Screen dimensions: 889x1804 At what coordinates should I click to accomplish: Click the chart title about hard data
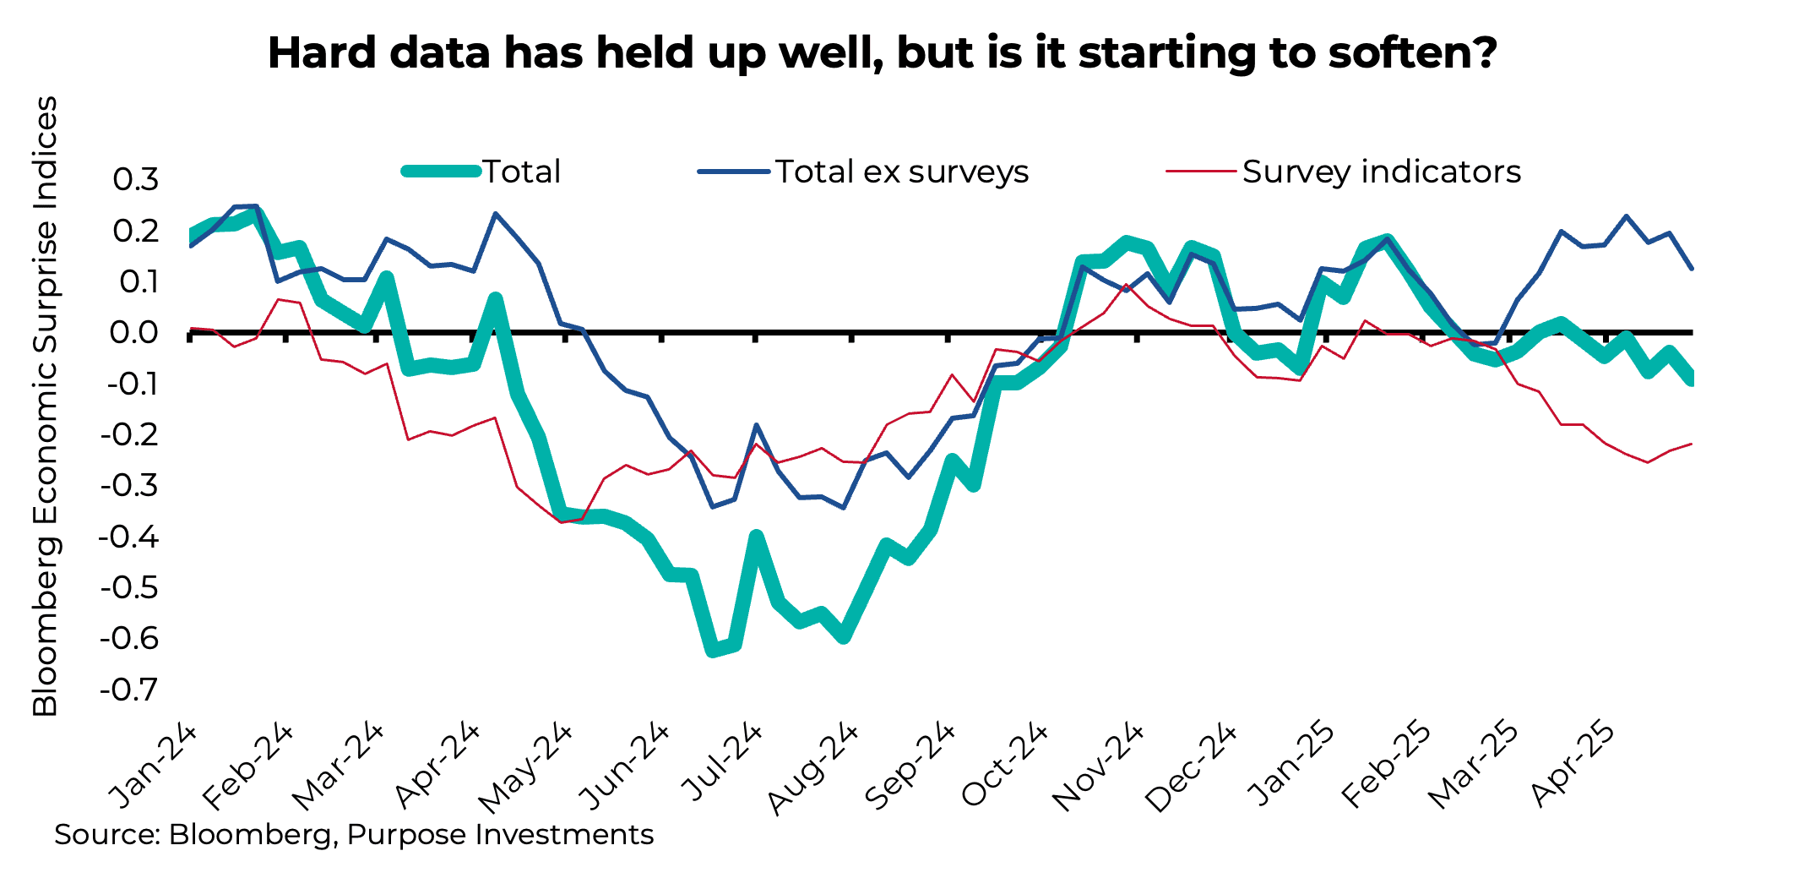[x=882, y=52]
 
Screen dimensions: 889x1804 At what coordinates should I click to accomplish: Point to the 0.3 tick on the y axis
[x=136, y=179]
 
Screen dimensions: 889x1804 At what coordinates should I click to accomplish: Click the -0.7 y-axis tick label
[x=129, y=690]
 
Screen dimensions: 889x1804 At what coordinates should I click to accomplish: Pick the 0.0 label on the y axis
[x=134, y=332]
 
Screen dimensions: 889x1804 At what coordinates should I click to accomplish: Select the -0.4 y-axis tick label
[x=129, y=537]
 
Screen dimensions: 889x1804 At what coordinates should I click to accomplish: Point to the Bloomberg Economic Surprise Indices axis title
[x=46, y=406]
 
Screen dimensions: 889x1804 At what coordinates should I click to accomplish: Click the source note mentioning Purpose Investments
[x=354, y=835]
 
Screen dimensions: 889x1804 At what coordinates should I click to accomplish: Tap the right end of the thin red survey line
[x=1691, y=444]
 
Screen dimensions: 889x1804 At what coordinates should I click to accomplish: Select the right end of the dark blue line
[x=1692, y=269]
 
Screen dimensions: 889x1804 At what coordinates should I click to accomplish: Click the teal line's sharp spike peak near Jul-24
[x=756, y=537]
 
